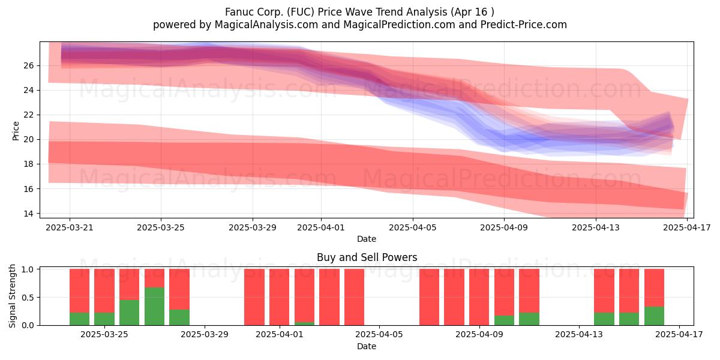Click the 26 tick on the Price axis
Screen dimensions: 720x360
[28, 65]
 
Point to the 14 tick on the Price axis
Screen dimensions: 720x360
[28, 214]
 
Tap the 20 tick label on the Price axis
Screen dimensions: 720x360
[28, 139]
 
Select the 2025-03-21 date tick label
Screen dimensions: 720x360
[70, 227]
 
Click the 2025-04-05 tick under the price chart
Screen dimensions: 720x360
[413, 227]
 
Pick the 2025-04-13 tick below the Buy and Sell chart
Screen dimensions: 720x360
[579, 334]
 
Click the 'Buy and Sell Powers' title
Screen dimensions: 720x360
[367, 257]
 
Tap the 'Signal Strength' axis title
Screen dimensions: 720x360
[12, 296]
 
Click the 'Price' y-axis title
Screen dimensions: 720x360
[16, 131]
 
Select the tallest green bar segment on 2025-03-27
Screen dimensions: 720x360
[154, 307]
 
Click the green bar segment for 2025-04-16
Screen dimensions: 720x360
[654, 316]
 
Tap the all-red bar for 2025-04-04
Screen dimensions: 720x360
[354, 297]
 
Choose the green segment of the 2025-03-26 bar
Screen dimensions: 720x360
[129, 313]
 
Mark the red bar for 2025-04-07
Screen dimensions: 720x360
[429, 297]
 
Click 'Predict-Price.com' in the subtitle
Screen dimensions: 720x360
[524, 25]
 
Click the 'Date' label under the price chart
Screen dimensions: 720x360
[367, 239]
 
